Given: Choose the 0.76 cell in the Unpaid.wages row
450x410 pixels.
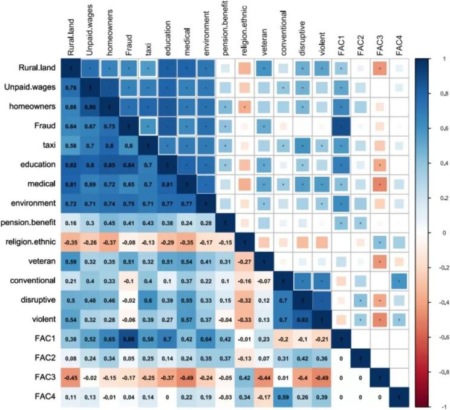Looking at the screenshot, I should click(71, 89).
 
